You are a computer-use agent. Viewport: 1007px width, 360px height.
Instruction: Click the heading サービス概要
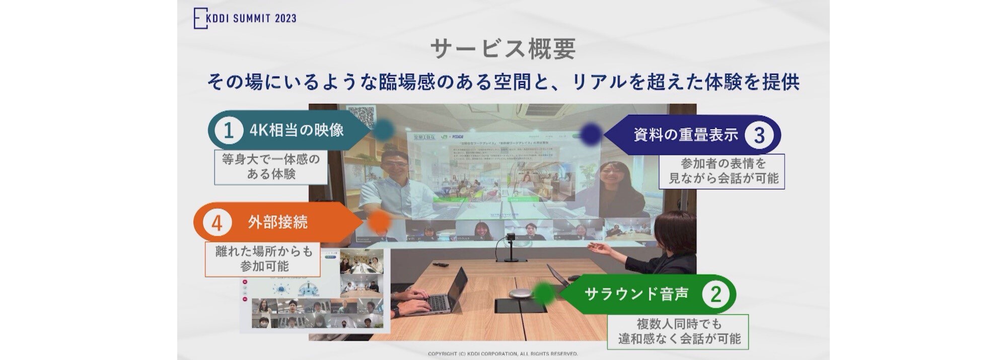click(x=503, y=49)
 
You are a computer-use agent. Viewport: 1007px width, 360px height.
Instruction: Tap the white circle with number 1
click(x=228, y=130)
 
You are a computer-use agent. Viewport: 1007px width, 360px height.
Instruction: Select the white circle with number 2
click(x=715, y=294)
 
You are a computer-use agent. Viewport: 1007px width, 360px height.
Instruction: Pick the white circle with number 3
click(x=759, y=134)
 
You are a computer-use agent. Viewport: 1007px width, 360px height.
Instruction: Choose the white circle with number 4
click(x=217, y=223)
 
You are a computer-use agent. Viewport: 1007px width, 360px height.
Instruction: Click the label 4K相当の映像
click(x=297, y=130)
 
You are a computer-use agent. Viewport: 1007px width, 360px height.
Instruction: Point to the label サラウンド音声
click(x=636, y=294)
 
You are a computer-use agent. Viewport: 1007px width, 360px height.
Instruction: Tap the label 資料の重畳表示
click(x=685, y=134)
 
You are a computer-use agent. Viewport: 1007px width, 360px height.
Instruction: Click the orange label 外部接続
click(x=277, y=223)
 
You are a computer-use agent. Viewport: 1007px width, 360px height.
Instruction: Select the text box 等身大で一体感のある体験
click(x=271, y=167)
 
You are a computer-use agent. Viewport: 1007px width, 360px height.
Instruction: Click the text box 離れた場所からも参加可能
click(x=263, y=259)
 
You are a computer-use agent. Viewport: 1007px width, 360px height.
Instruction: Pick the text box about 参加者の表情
click(x=723, y=171)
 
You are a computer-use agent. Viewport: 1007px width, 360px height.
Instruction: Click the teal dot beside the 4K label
click(x=384, y=129)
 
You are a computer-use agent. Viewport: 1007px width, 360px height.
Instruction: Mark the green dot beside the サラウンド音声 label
click(x=544, y=294)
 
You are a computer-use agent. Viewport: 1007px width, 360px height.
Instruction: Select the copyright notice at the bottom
click(x=502, y=354)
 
